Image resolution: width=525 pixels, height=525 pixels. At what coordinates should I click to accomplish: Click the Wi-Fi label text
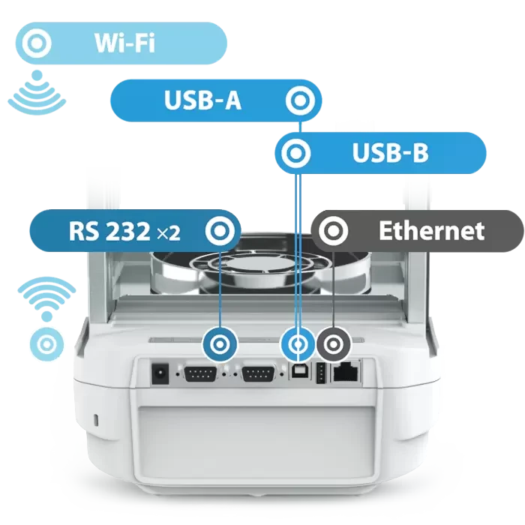pyautogui.click(x=124, y=43)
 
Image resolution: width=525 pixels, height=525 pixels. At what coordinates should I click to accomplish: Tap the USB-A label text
pyautogui.click(x=202, y=100)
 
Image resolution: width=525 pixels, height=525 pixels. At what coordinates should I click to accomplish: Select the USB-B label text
pyautogui.click(x=390, y=153)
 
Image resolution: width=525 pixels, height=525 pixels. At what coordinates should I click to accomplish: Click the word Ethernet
pyautogui.click(x=431, y=231)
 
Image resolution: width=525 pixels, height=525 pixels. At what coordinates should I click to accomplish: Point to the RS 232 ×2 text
pyautogui.click(x=124, y=231)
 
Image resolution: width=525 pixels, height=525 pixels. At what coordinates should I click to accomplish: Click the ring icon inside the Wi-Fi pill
pyautogui.click(x=37, y=43)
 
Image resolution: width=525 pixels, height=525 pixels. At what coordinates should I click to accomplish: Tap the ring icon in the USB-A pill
pyautogui.click(x=300, y=100)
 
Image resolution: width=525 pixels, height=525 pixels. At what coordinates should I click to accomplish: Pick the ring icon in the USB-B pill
pyautogui.click(x=296, y=153)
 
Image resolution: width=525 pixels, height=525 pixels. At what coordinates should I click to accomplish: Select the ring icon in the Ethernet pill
pyautogui.click(x=333, y=231)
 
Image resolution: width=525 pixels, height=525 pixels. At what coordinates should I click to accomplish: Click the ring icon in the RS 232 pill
pyautogui.click(x=220, y=231)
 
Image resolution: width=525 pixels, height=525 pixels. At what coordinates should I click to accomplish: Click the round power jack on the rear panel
pyautogui.click(x=160, y=373)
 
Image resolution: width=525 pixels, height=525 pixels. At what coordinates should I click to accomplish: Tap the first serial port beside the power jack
pyautogui.click(x=200, y=373)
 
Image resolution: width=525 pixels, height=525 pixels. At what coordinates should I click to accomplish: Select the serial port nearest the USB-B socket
pyautogui.click(x=258, y=373)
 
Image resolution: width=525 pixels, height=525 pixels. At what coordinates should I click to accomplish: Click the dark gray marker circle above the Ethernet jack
pyautogui.click(x=334, y=344)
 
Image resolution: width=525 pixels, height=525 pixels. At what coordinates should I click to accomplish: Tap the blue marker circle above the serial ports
pyautogui.click(x=220, y=344)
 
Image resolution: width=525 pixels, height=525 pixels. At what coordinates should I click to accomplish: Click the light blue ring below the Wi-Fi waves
pyautogui.click(x=46, y=344)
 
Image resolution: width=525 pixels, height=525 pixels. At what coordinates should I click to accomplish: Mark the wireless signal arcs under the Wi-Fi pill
pyautogui.click(x=37, y=93)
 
